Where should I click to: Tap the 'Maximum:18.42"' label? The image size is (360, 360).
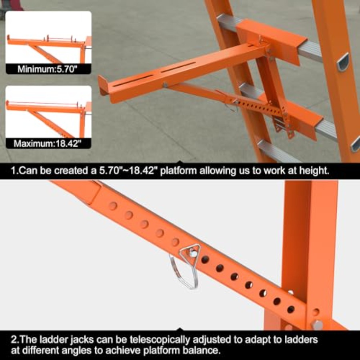coord(48,144)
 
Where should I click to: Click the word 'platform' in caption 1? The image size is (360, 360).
coord(178,171)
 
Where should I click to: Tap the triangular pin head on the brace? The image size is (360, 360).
coord(190,252)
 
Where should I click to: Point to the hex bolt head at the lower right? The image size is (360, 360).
coord(317,325)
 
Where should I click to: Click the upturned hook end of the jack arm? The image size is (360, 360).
coord(103,86)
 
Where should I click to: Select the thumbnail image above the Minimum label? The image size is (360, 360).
coord(48,37)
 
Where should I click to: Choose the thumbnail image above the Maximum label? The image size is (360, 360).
coord(48,112)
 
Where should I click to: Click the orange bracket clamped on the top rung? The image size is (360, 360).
coord(271,41)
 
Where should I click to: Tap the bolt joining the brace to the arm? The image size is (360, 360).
coord(165,85)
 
